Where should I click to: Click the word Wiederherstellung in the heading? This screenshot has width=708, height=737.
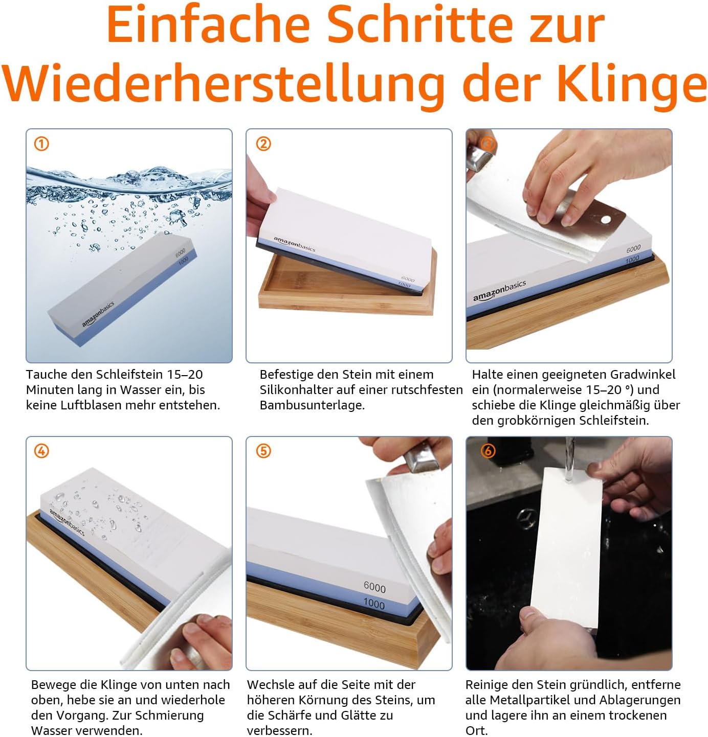[x=223, y=84]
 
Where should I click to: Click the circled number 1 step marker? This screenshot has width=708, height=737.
[x=41, y=144]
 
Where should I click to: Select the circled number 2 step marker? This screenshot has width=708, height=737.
[x=263, y=144]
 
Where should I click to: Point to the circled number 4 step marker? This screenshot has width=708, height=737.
[x=41, y=451]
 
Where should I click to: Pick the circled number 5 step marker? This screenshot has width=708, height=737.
[x=263, y=451]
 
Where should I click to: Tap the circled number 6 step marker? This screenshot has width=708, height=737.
[x=488, y=451]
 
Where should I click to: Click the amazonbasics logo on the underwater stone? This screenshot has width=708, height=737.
[x=98, y=314]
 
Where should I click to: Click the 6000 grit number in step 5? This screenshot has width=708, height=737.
[x=374, y=587]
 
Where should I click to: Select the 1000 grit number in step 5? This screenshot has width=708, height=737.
[x=374, y=603]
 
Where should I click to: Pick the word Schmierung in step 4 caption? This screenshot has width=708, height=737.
[x=169, y=716]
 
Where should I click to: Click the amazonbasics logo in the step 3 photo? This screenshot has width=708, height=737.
[x=499, y=290]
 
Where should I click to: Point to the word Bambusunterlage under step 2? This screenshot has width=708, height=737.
[x=312, y=405]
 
